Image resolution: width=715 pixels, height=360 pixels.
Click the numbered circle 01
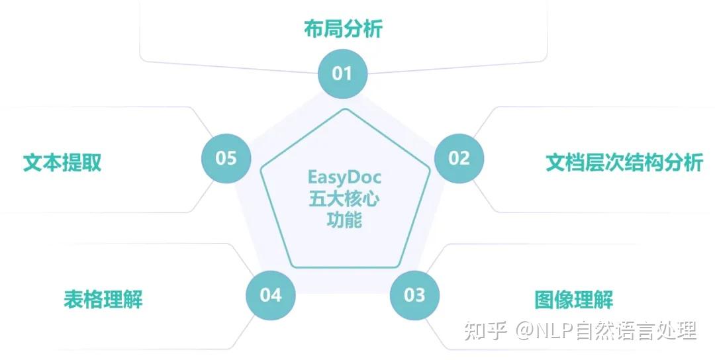click(x=342, y=73)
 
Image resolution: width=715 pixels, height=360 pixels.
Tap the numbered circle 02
click(x=459, y=157)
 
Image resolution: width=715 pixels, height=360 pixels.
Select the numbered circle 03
click(x=414, y=294)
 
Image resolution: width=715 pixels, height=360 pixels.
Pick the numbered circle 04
click(x=271, y=294)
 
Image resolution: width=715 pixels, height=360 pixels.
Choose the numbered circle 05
click(x=226, y=158)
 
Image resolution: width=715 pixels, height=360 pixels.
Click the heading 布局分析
click(x=343, y=30)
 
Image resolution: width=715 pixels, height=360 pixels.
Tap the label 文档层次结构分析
click(x=624, y=163)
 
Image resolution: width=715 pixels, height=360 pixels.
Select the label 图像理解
click(x=574, y=300)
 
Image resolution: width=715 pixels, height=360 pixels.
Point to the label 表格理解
click(x=103, y=299)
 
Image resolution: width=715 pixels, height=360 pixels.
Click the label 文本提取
click(x=62, y=163)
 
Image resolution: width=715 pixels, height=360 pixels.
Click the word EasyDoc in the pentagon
click(x=344, y=177)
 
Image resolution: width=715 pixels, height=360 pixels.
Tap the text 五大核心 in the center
click(x=344, y=199)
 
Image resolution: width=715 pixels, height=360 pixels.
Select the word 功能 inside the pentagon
click(x=344, y=220)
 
